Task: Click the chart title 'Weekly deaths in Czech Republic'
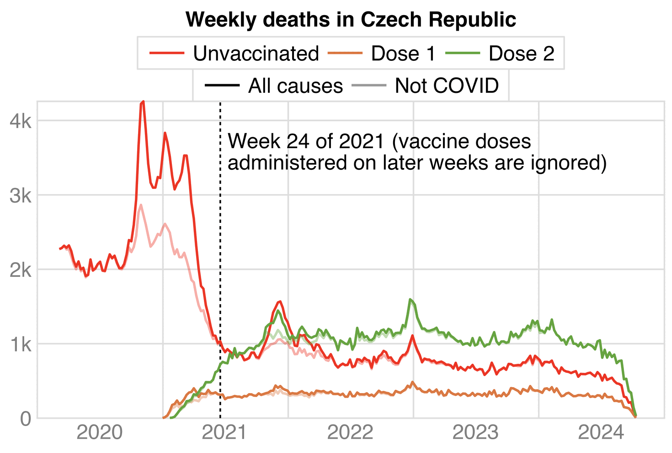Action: (x=351, y=20)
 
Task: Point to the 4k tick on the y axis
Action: (x=21, y=121)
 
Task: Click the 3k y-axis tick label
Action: (x=21, y=195)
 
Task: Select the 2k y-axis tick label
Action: (x=21, y=270)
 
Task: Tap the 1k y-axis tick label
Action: (x=21, y=344)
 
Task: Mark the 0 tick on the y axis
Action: (x=26, y=418)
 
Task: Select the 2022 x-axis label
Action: (x=350, y=432)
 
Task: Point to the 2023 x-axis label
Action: (x=475, y=432)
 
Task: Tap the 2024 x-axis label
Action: (x=601, y=432)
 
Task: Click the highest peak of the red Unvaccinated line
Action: (x=143, y=102)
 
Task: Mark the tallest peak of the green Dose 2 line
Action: (x=410, y=300)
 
